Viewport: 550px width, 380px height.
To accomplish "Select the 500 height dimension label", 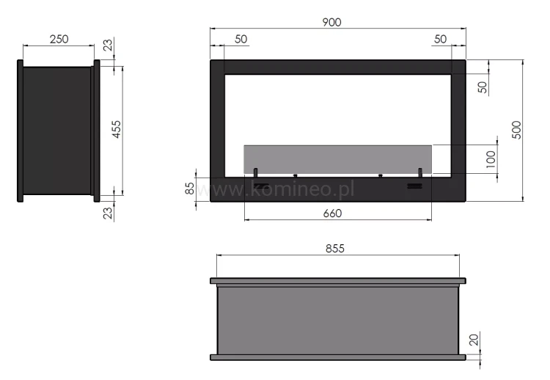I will click(x=516, y=130).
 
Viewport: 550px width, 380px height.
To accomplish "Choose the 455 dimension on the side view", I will click(x=117, y=130).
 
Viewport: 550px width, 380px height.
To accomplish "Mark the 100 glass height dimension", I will click(x=491, y=159).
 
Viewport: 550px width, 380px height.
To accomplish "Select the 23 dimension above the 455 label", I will click(x=109, y=47).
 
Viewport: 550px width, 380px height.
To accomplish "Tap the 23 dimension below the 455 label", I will click(x=109, y=214).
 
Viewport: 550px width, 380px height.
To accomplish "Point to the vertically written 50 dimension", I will click(x=482, y=85).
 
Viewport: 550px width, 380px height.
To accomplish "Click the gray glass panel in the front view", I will click(x=337, y=159).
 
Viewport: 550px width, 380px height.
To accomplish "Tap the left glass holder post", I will click(x=256, y=172).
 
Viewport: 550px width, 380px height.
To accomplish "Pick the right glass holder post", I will click(x=420, y=172).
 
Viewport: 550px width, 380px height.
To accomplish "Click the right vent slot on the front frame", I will click(x=414, y=186).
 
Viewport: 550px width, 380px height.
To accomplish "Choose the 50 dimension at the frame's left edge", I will click(x=241, y=39).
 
